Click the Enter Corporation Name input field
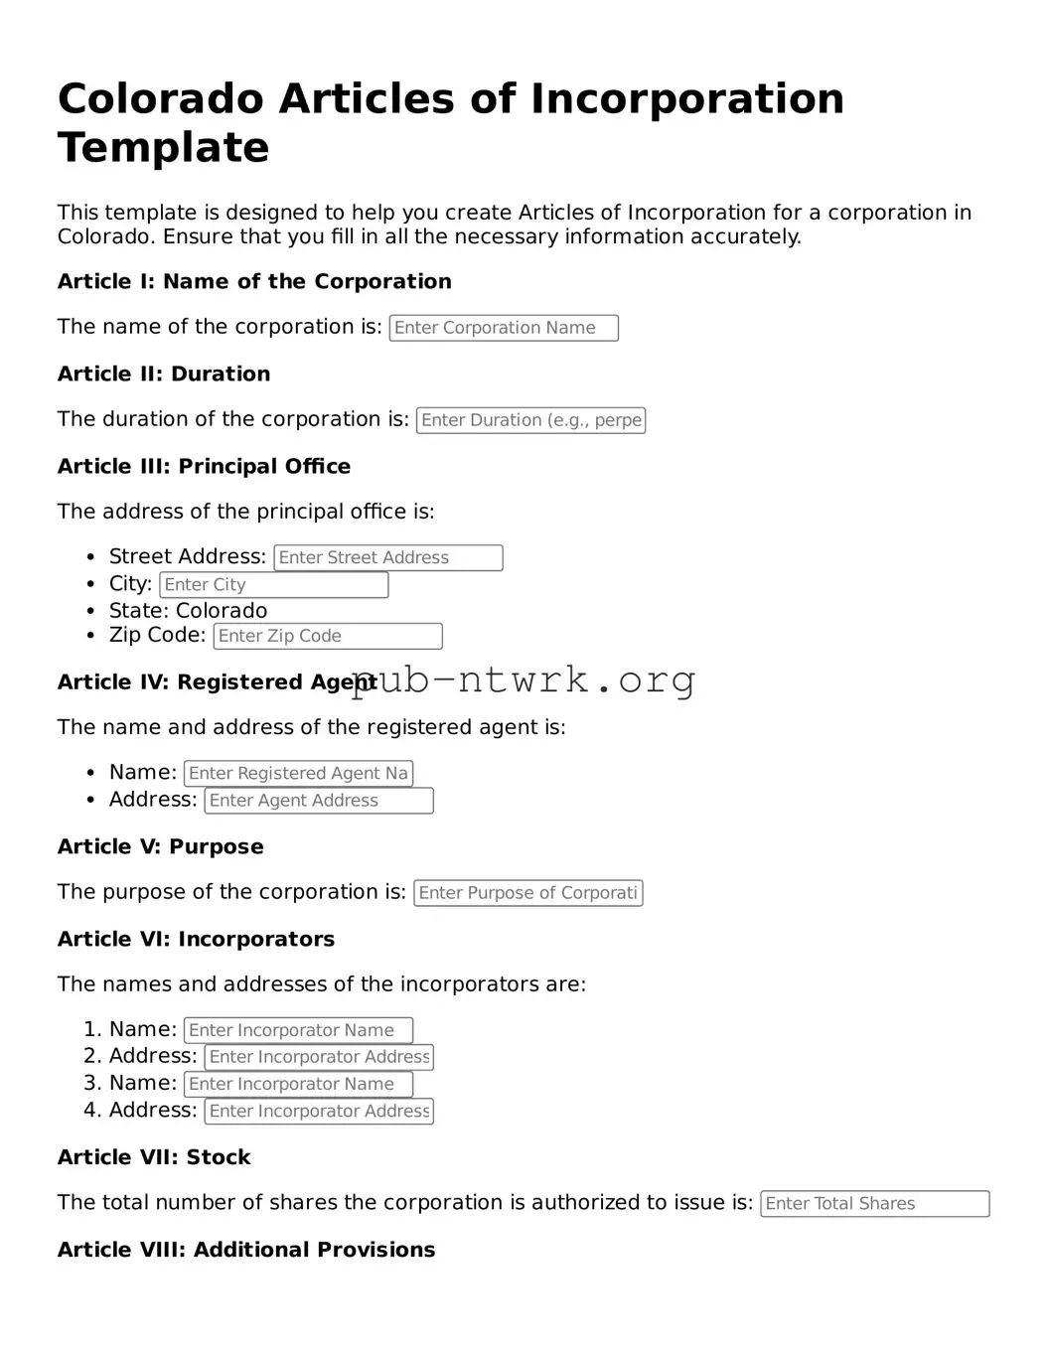(x=504, y=328)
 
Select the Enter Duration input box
(x=530, y=420)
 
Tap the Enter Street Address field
(x=387, y=558)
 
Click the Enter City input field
(x=273, y=585)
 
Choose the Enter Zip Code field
(x=327, y=636)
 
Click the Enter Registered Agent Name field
(x=298, y=773)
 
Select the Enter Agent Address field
(x=319, y=801)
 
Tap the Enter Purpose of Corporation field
(x=527, y=893)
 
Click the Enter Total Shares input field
(x=874, y=1204)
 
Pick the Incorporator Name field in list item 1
(x=298, y=1031)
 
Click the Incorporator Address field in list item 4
(x=319, y=1112)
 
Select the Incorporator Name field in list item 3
(x=298, y=1085)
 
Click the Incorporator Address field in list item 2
(x=319, y=1058)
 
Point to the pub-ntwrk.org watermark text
(x=524, y=680)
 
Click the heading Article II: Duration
(x=164, y=375)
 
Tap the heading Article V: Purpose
(x=161, y=847)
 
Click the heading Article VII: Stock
(x=154, y=1158)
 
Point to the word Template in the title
(x=164, y=148)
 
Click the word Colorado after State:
(x=222, y=611)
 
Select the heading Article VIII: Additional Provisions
(x=246, y=1251)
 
